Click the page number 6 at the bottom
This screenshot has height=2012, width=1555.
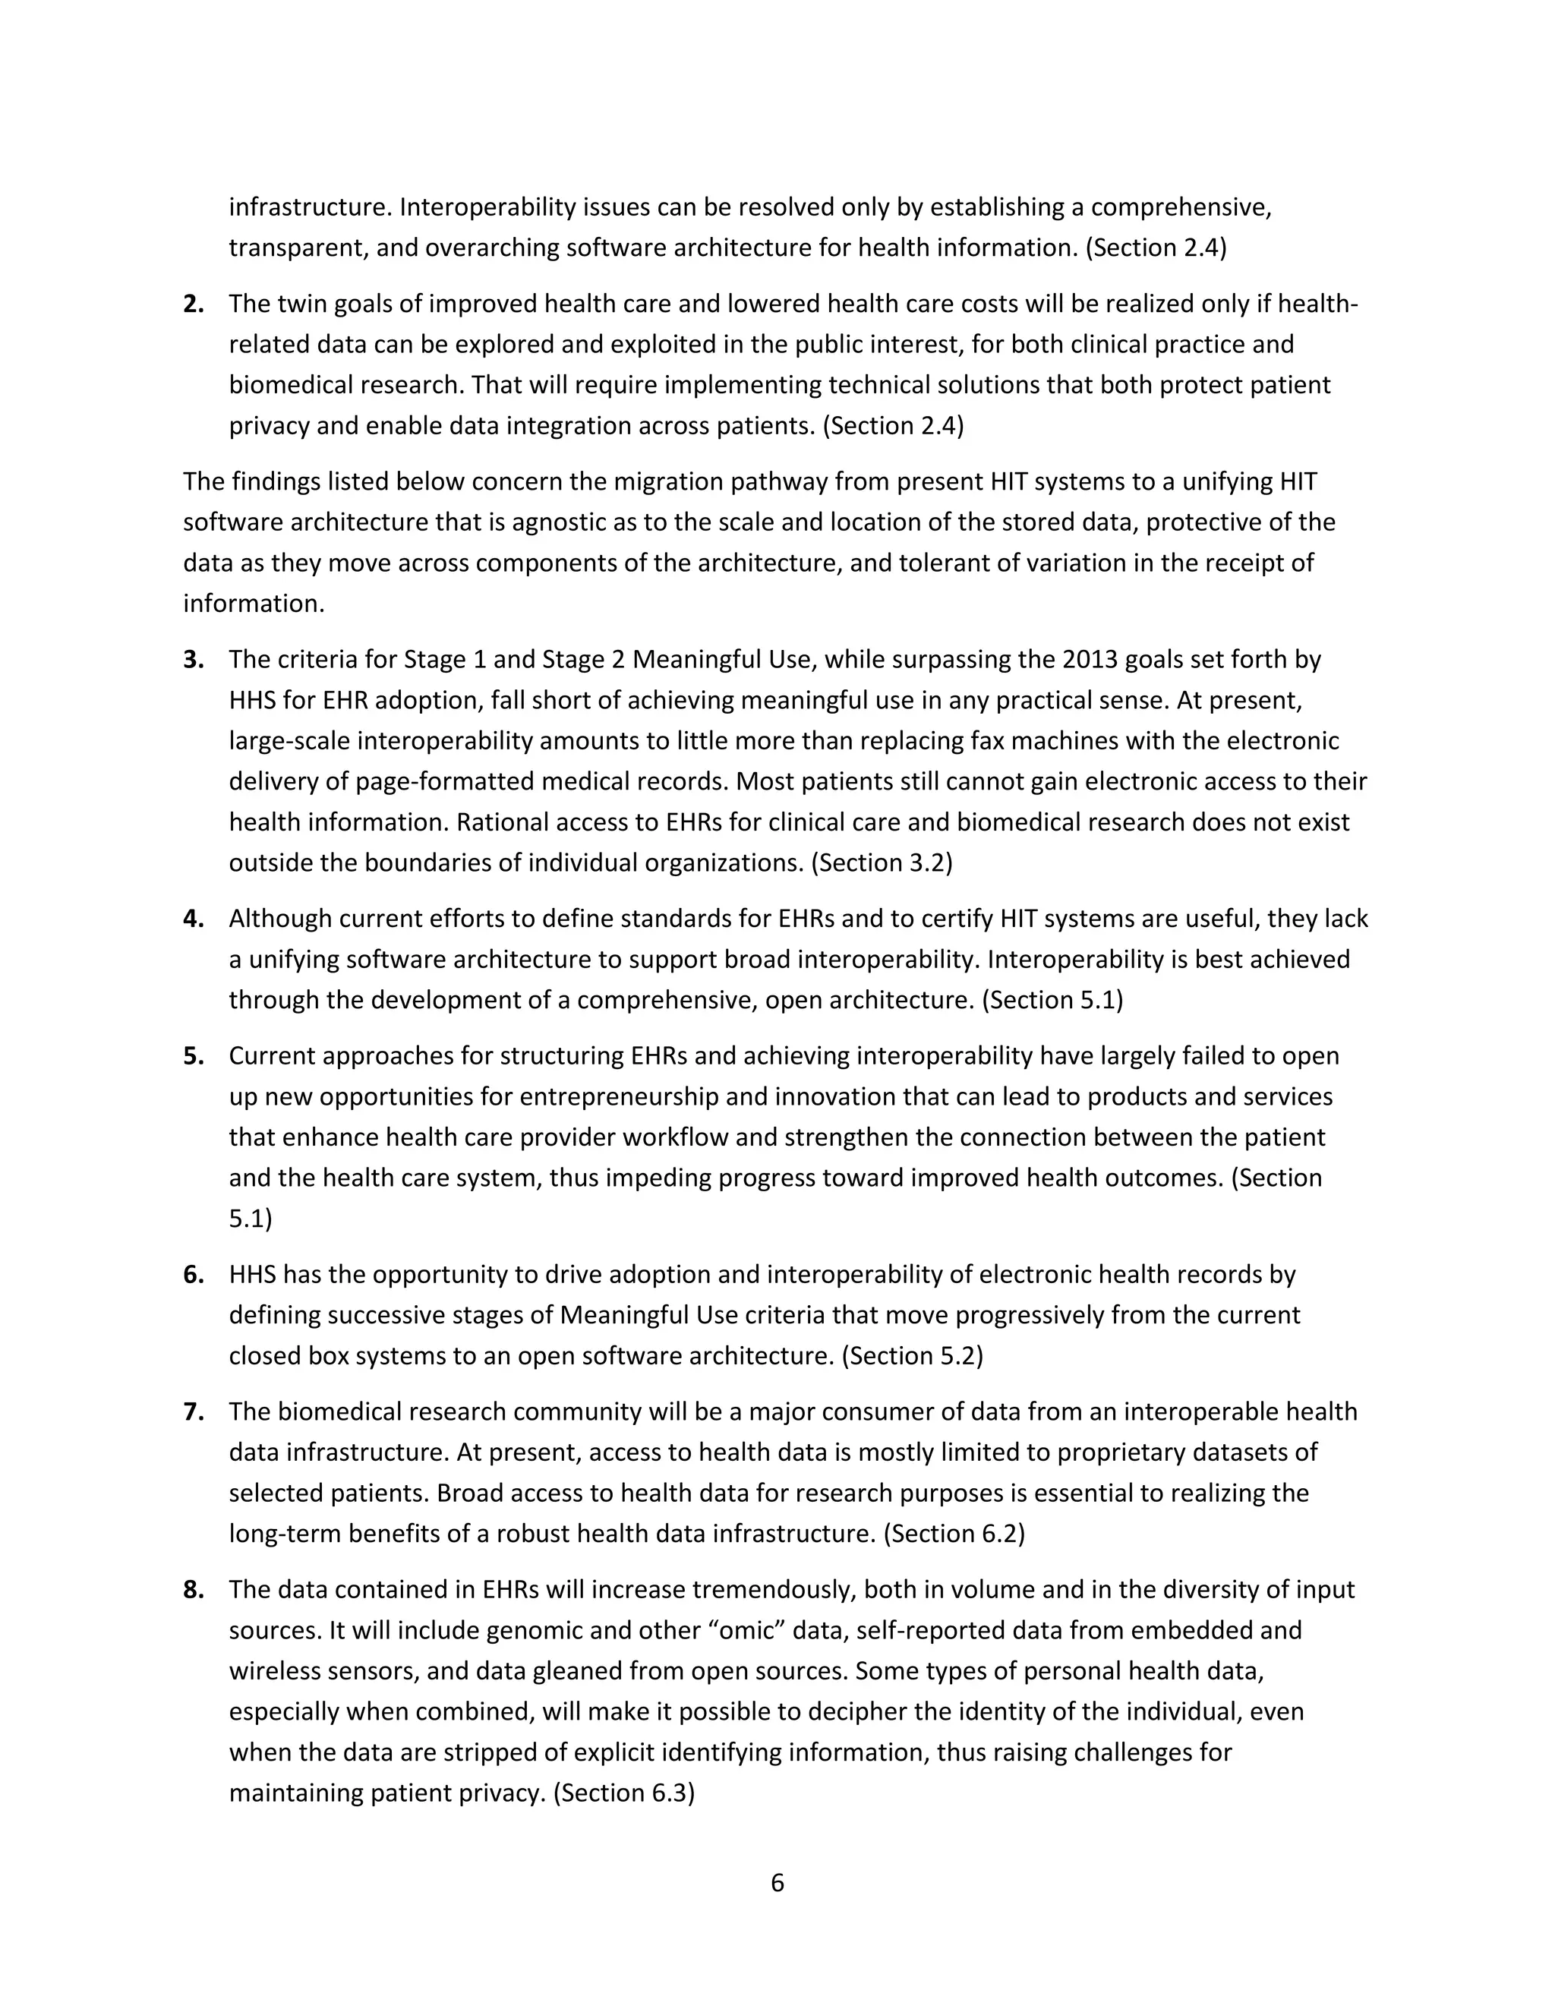(x=777, y=1882)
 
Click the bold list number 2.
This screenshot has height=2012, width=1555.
(x=194, y=303)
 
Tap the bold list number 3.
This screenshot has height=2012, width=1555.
(x=194, y=659)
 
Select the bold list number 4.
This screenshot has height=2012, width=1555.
(x=194, y=918)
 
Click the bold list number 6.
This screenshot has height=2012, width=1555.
(x=194, y=1274)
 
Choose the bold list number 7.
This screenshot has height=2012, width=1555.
(x=194, y=1411)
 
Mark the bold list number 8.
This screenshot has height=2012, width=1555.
(x=194, y=1589)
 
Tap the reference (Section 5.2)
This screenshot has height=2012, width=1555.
(x=912, y=1355)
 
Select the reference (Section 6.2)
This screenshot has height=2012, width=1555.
(x=954, y=1533)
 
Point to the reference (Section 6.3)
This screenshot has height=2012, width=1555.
(x=623, y=1792)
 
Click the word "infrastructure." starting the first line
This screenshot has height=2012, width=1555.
(x=311, y=207)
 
